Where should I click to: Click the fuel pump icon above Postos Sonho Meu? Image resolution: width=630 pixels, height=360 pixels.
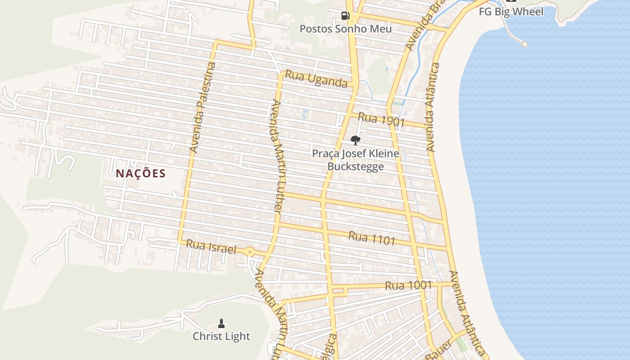[x=345, y=16]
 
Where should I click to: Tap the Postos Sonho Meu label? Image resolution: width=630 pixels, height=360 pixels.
[x=346, y=29]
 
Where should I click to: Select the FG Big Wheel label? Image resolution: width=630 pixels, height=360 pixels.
[x=511, y=12]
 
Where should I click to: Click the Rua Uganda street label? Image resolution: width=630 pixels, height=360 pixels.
[x=316, y=79]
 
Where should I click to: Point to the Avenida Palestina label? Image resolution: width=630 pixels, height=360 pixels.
[x=202, y=108]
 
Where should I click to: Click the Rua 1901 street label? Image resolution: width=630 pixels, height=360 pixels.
[x=382, y=120]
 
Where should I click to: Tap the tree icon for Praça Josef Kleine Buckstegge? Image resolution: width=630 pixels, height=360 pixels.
[x=355, y=140]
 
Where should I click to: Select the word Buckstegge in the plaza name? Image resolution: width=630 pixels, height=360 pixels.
[x=355, y=166]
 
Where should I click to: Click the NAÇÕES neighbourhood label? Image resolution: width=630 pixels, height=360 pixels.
[x=141, y=173]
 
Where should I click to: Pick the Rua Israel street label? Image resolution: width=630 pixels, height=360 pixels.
[x=211, y=247]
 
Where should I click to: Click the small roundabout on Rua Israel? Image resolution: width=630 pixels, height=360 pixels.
[x=250, y=252]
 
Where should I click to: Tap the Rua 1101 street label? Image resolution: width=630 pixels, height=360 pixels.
[x=372, y=238]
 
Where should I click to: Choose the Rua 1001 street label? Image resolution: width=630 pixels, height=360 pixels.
[x=408, y=285]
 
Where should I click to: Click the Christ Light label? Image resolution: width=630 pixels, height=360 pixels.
[x=221, y=336]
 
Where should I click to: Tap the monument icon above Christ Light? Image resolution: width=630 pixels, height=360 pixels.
[x=221, y=323]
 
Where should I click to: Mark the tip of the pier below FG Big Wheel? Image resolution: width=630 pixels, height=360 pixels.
[x=524, y=44]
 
